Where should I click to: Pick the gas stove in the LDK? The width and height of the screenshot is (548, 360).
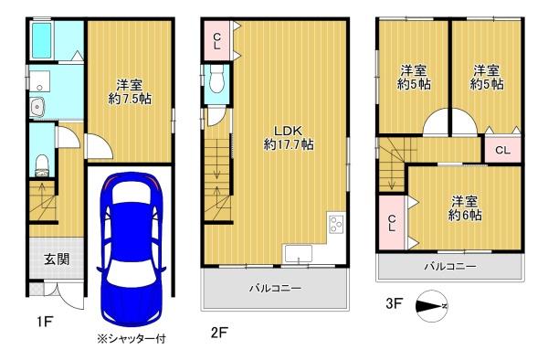pos(334,223)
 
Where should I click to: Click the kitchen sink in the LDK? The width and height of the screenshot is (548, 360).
pos(298,252)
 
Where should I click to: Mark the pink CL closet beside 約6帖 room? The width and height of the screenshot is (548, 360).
pos(393,222)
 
